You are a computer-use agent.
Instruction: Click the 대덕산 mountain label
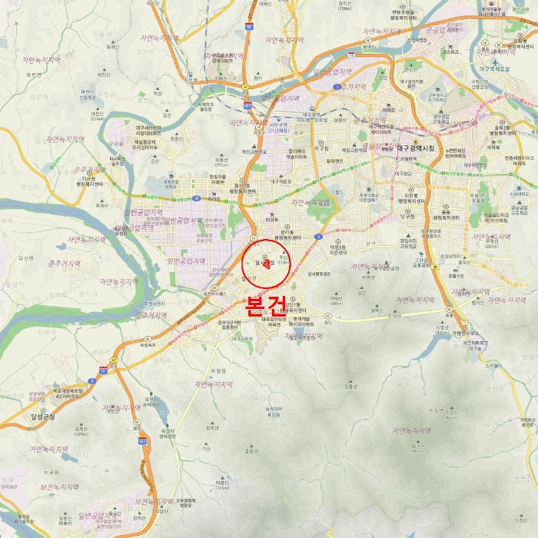click(x=335, y=298)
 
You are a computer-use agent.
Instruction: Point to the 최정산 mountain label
click(x=417, y=446)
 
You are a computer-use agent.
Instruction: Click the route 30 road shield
click(x=196, y=198)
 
